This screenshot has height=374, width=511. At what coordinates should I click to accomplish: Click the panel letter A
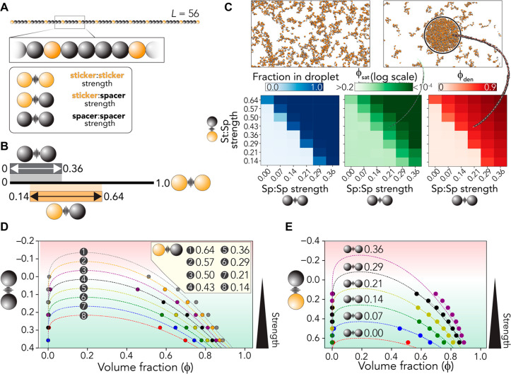[6, 6]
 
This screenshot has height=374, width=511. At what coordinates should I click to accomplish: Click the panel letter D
[6, 229]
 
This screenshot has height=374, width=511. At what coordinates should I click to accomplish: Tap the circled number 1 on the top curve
[83, 251]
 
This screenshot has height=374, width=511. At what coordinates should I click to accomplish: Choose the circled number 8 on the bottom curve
[83, 316]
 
